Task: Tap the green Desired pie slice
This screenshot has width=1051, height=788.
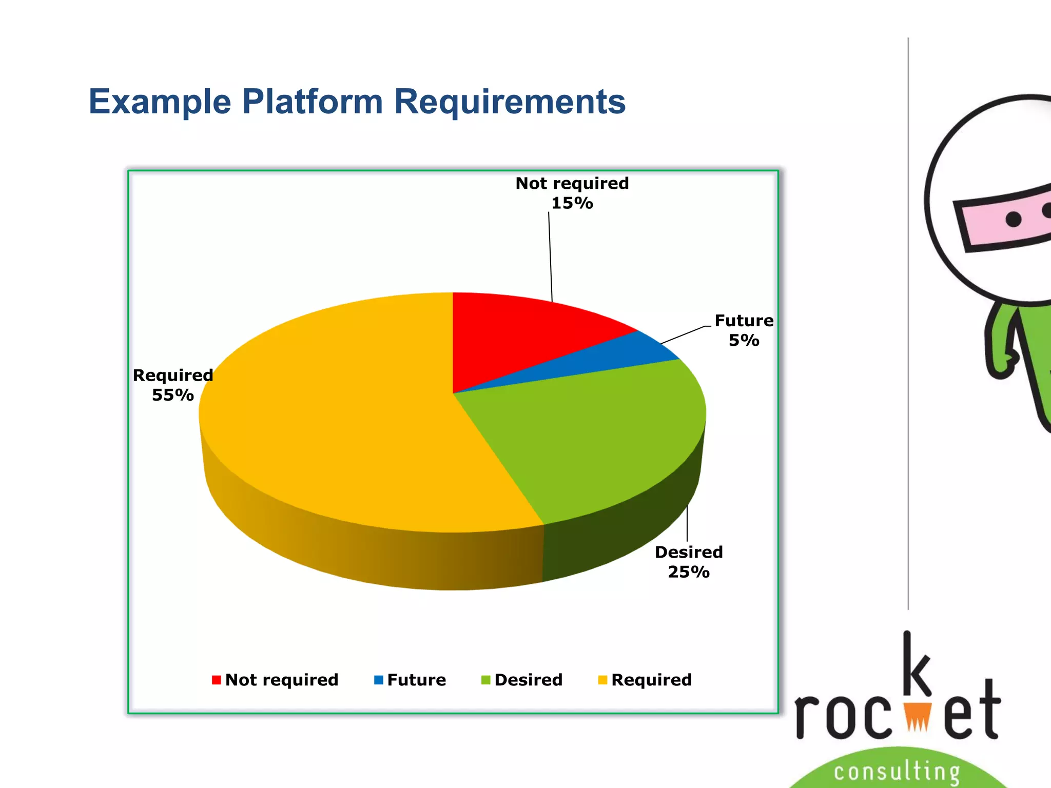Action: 590,436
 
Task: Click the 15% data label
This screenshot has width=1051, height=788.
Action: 572,203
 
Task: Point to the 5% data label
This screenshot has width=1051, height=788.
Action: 744,340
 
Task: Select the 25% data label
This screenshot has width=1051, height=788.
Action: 689,572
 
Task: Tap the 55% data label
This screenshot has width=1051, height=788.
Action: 172,395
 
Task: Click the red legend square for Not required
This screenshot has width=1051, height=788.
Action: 216,680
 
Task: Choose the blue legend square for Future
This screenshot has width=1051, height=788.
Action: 379,680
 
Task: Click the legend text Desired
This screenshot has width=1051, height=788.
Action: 528,680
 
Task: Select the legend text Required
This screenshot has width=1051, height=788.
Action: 651,680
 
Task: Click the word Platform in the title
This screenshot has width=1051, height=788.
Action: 312,102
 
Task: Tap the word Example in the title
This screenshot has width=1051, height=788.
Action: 160,102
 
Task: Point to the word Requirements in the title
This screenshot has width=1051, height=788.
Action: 510,102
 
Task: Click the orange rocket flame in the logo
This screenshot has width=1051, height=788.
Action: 918,715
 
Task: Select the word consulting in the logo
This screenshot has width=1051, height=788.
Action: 897,771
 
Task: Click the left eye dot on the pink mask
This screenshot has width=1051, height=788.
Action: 1014,219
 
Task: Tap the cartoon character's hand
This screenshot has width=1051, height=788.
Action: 1001,364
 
